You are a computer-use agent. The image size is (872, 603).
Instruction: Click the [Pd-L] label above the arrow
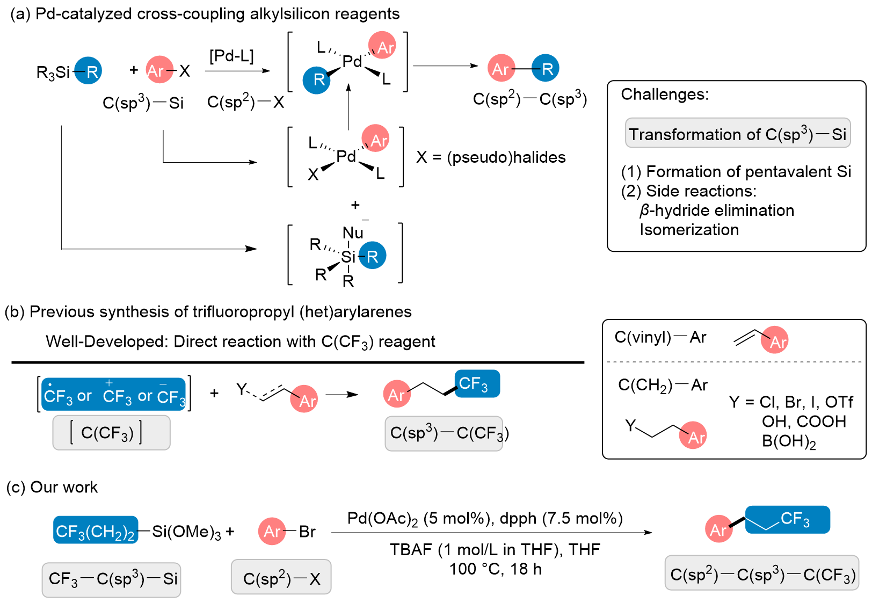(231, 56)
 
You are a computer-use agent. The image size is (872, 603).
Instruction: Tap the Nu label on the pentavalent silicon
(353, 233)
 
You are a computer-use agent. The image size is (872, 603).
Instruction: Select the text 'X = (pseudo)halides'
(491, 157)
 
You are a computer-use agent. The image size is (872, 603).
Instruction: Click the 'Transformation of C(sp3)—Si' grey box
(737, 133)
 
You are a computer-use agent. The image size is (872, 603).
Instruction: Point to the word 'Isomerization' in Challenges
(689, 230)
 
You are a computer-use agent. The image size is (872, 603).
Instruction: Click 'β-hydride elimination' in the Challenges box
(716, 210)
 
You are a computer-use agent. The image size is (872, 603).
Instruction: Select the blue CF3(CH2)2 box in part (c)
(96, 531)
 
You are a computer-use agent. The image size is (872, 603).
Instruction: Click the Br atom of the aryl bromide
(307, 532)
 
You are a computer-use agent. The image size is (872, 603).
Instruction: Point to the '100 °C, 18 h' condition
(495, 569)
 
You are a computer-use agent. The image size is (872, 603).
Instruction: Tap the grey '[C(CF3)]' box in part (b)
(111, 432)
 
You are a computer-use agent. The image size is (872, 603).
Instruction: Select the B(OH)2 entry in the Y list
(789, 441)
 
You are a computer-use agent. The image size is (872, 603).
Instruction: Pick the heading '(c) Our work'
(52, 487)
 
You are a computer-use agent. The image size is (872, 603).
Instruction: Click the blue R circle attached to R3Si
(89, 71)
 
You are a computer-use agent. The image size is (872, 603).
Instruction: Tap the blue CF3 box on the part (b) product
(477, 383)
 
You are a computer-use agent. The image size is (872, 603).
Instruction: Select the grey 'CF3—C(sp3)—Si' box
(112, 579)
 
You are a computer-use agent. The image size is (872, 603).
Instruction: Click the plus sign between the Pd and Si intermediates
(355, 205)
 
